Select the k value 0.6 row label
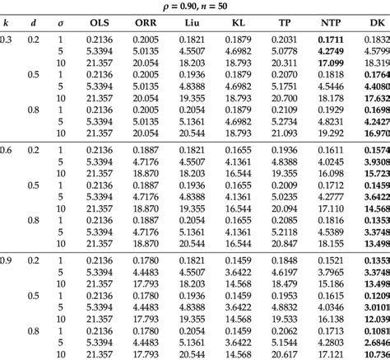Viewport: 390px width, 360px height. click(x=6, y=151)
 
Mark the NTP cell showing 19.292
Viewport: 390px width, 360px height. click(x=331, y=132)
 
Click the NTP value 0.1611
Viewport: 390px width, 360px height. click(x=331, y=151)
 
